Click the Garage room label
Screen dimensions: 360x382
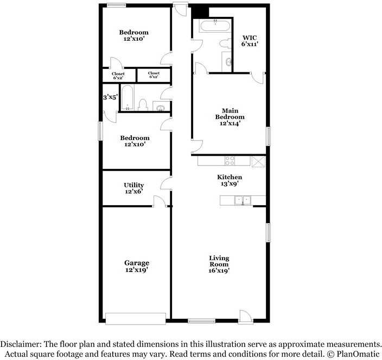point(136,263)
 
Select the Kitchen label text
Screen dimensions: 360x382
point(230,177)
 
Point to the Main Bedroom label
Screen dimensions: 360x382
point(230,113)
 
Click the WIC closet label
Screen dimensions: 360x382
point(250,37)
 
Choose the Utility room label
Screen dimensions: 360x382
point(133,185)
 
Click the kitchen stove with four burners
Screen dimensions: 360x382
point(230,161)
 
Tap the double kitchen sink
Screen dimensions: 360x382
point(243,201)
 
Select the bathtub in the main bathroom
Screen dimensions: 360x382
point(215,26)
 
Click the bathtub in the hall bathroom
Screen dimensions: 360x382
point(127,98)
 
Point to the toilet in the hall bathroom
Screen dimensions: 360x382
point(143,105)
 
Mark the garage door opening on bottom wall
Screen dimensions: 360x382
point(136,319)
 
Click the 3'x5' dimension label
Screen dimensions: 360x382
point(110,98)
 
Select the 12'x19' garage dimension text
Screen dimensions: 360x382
point(136,269)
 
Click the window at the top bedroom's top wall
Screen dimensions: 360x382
point(116,5)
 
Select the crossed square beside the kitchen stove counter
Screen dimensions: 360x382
point(258,161)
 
